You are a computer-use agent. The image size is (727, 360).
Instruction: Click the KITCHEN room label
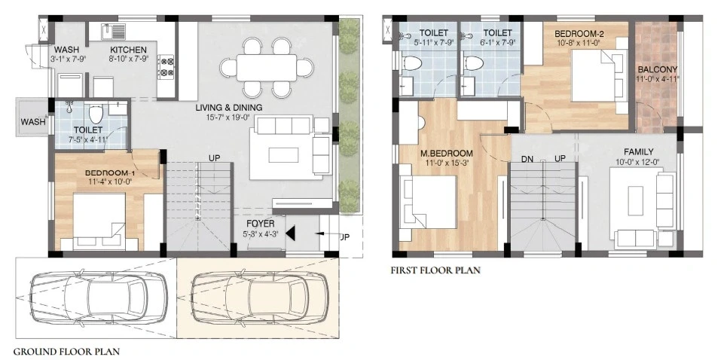point(128,50)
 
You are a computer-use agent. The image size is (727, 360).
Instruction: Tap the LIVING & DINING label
point(228,108)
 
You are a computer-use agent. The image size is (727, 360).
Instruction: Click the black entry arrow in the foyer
point(290,233)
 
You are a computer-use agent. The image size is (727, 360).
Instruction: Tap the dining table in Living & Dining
point(266,68)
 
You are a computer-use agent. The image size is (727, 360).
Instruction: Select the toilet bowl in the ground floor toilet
point(96,113)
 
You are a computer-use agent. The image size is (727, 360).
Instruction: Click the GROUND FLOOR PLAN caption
point(66,351)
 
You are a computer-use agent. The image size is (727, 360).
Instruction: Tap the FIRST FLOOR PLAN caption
point(436,270)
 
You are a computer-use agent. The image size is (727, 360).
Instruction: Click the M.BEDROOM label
point(447,154)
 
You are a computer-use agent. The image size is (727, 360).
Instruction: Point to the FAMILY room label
point(638,152)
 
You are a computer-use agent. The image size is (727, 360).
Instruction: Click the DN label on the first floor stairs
point(527,159)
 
